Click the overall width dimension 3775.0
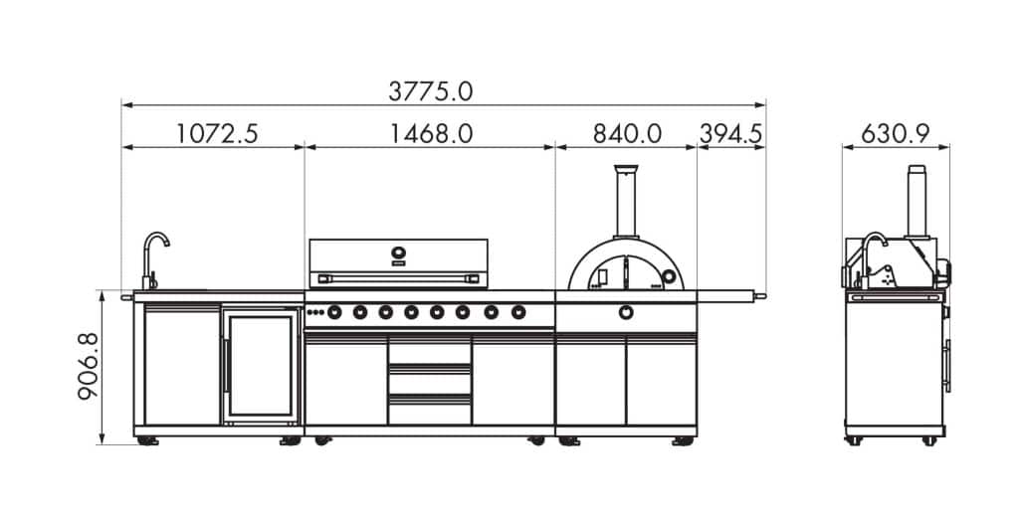(430, 91)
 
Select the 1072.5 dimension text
(217, 134)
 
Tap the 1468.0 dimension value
(431, 134)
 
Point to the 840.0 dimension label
(627, 134)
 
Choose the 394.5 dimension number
(730, 134)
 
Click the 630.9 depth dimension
(896, 134)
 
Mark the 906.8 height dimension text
(89, 366)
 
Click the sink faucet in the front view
(154, 259)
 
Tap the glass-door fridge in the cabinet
(261, 366)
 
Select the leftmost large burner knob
(334, 312)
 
